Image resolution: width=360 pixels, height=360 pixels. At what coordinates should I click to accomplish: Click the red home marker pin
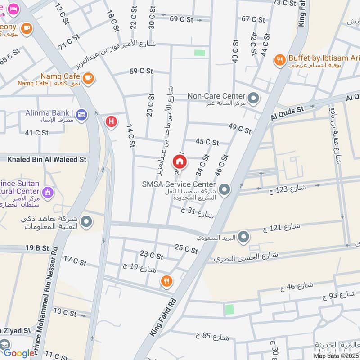[x=179, y=161]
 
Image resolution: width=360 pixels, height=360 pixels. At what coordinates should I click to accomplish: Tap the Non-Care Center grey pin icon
[x=253, y=97]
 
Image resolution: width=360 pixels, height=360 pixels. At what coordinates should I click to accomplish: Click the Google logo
[x=19, y=353]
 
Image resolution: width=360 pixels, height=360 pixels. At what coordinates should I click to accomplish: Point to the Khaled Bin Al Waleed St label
[x=47, y=159]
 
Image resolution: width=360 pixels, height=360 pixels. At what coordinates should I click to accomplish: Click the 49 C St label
[x=240, y=129]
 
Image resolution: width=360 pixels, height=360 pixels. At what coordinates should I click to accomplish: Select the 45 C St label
[x=207, y=142]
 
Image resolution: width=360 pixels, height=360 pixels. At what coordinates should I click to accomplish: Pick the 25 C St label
[x=186, y=249]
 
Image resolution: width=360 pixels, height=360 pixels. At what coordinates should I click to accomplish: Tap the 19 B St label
[x=37, y=248]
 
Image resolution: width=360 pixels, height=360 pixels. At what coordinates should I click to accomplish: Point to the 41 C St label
[x=36, y=133]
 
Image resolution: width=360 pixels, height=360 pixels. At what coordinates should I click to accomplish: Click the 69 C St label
[x=182, y=18]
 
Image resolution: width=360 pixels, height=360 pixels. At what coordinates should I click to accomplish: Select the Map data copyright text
[x=336, y=355]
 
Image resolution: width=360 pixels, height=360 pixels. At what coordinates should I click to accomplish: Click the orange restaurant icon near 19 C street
[x=166, y=282]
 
